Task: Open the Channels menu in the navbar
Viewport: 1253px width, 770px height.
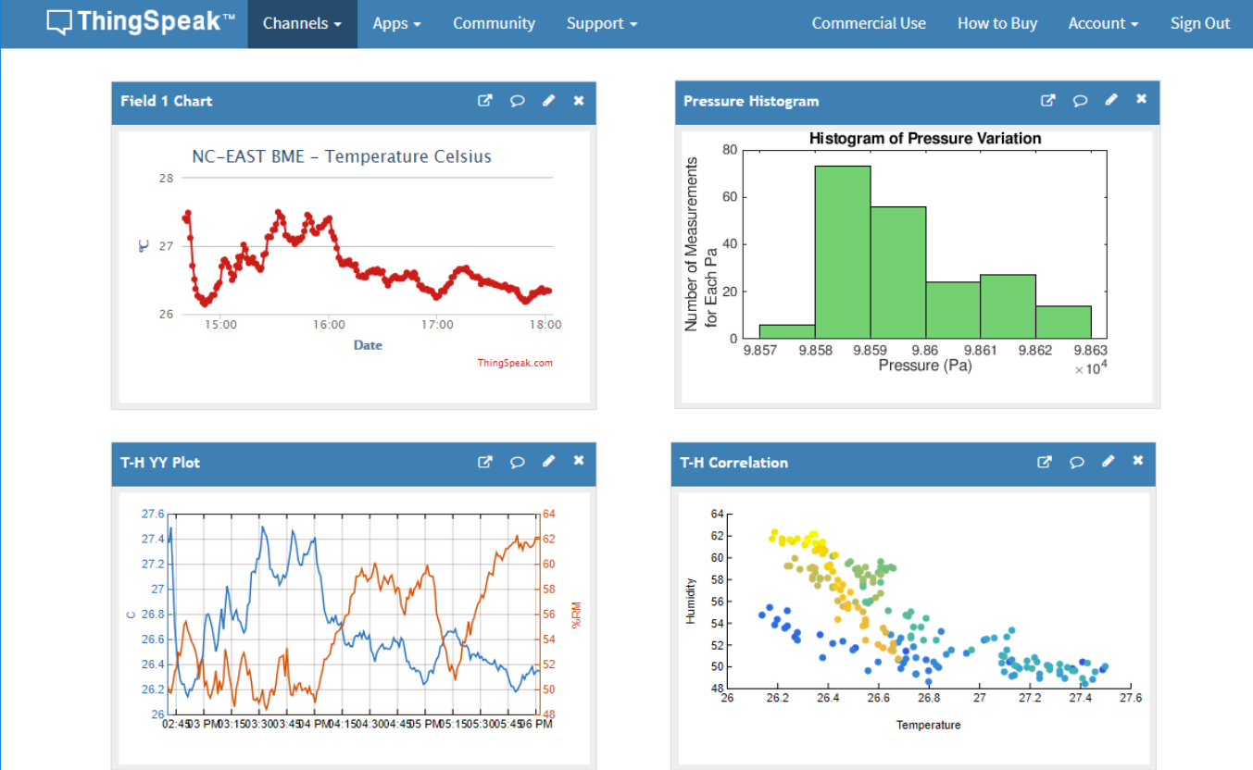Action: click(302, 24)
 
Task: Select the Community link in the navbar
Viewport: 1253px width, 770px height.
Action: click(494, 24)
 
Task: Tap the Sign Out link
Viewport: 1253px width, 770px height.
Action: click(1200, 24)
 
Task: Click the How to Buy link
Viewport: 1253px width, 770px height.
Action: click(996, 24)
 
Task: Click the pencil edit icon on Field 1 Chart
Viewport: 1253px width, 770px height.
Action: click(548, 101)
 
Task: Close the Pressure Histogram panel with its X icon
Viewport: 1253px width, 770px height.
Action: click(1142, 100)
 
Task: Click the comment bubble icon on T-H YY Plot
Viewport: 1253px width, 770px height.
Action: click(518, 462)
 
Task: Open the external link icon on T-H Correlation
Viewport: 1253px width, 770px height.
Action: click(1045, 462)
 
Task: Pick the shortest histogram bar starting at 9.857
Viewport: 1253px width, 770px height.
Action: click(787, 331)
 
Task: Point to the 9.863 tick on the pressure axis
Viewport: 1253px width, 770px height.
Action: click(1091, 351)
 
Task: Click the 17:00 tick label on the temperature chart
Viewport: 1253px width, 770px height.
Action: click(437, 325)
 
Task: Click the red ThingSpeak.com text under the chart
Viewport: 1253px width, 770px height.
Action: click(515, 363)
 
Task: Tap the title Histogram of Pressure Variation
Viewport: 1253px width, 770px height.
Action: click(924, 139)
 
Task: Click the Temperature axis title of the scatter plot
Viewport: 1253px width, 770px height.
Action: click(928, 726)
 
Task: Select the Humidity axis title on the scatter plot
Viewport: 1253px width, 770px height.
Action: click(691, 601)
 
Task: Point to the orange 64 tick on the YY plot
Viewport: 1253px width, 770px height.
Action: click(548, 515)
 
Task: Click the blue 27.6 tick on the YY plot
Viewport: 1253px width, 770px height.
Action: click(153, 515)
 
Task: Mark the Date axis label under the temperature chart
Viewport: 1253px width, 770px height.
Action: click(368, 345)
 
